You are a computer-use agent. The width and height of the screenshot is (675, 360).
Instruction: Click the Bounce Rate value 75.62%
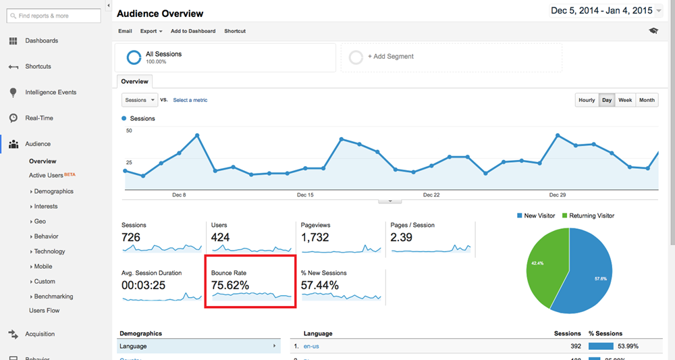pos(230,285)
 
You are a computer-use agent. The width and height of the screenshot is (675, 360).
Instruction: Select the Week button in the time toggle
pos(625,100)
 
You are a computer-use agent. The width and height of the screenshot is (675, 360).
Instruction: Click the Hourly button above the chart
pos(587,100)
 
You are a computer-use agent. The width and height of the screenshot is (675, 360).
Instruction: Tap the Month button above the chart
pos(647,100)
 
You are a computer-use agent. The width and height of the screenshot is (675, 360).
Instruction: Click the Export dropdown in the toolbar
pos(151,31)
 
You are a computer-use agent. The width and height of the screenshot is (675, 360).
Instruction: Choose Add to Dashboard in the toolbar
pos(193,31)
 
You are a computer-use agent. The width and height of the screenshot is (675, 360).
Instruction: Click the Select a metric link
pos(190,100)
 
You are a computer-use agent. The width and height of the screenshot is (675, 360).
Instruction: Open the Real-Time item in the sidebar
pos(39,118)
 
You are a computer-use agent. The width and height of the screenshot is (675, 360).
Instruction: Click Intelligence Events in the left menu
pos(51,93)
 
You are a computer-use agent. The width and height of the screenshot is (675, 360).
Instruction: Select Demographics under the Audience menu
pos(54,191)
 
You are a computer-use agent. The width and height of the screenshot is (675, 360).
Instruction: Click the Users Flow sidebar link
pos(45,311)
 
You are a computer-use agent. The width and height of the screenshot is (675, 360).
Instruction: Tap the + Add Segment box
pos(451,57)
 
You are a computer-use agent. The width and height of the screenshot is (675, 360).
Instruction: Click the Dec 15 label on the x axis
pos(305,195)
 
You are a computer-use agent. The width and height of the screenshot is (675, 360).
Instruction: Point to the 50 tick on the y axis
pos(129,130)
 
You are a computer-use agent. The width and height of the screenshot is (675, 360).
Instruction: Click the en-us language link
pos(311,346)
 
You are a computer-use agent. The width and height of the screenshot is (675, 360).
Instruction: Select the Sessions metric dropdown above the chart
pos(140,100)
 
